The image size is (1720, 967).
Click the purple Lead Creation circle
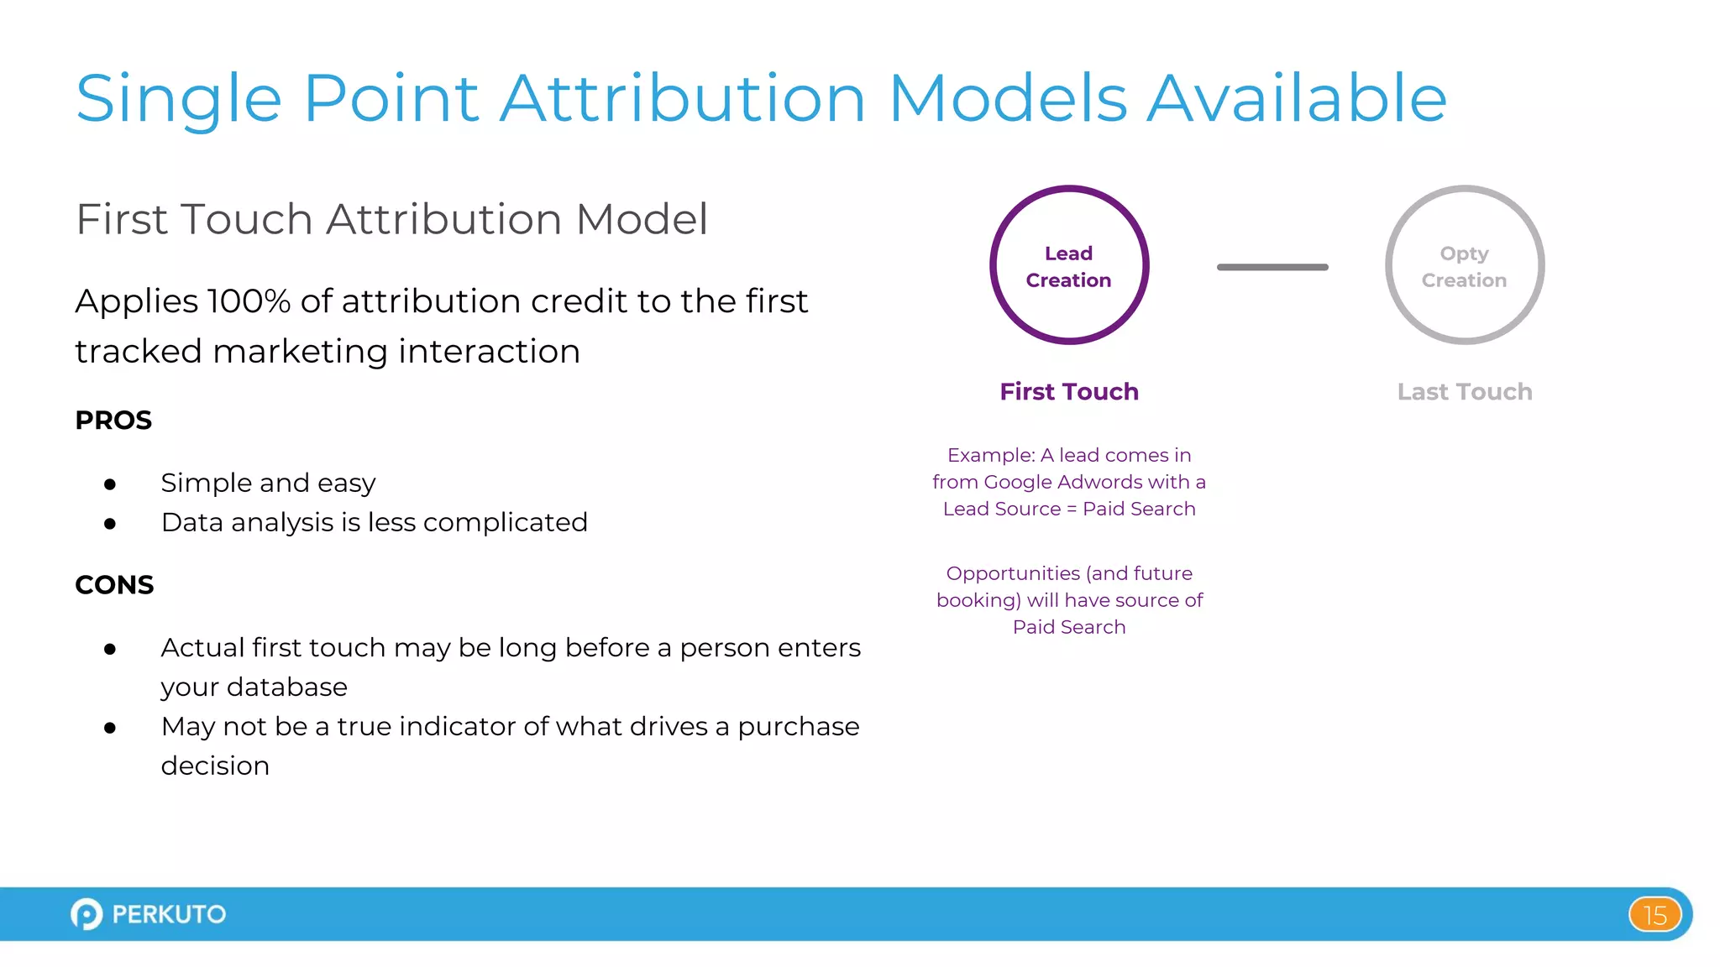pyautogui.click(x=1068, y=265)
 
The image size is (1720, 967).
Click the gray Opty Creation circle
pyautogui.click(x=1464, y=265)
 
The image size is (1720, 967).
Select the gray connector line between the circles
pyautogui.click(x=1272, y=267)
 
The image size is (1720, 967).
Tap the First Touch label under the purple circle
pyautogui.click(x=1068, y=392)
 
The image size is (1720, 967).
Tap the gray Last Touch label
pyautogui.click(x=1464, y=392)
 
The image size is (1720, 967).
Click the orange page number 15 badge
pyautogui.click(x=1654, y=915)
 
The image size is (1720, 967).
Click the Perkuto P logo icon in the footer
pyautogui.click(x=87, y=914)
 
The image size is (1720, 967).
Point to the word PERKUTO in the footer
pyautogui.click(x=169, y=914)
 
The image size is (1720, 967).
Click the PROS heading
pyautogui.click(x=113, y=421)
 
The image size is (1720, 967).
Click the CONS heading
pyautogui.click(x=114, y=585)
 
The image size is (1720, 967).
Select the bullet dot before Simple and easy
pyautogui.click(x=110, y=484)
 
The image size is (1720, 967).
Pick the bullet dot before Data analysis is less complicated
pyautogui.click(x=110, y=524)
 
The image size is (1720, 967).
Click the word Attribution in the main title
pyautogui.click(x=683, y=99)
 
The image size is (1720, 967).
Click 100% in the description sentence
pyautogui.click(x=249, y=301)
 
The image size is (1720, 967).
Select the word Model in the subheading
pyautogui.click(x=642, y=220)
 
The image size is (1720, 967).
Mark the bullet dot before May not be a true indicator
pyautogui.click(x=110, y=728)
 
